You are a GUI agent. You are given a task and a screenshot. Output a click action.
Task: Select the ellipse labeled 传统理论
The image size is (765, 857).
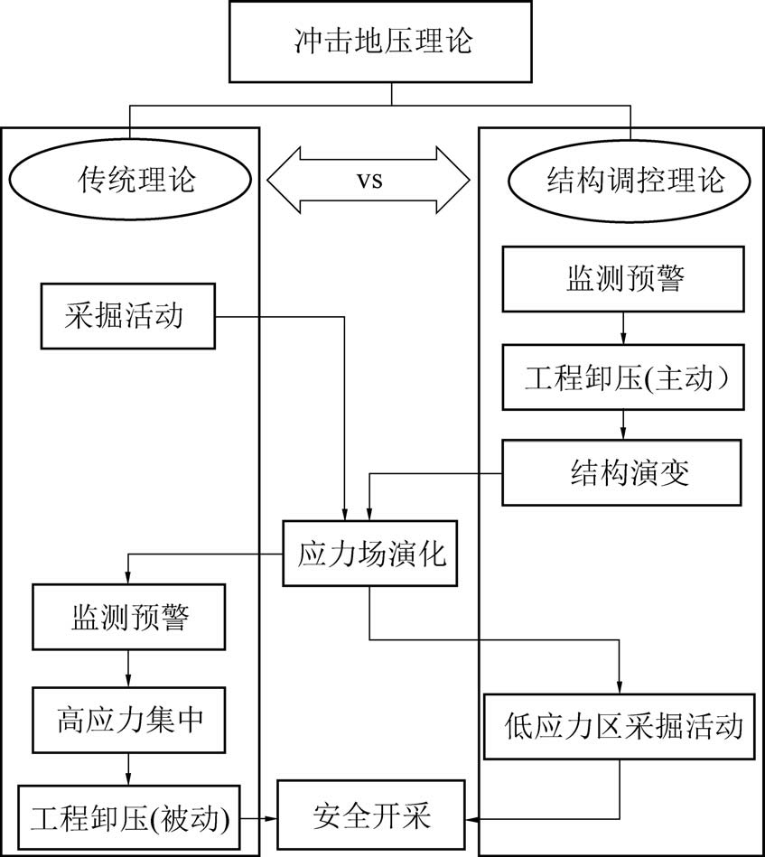[130, 180]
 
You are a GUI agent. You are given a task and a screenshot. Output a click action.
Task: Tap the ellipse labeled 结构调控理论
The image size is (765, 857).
[631, 180]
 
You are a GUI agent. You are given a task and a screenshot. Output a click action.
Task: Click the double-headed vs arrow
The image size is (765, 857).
[369, 180]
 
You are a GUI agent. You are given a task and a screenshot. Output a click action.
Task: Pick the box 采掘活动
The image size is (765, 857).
[127, 315]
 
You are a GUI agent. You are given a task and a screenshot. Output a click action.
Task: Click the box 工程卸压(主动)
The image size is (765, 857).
[623, 378]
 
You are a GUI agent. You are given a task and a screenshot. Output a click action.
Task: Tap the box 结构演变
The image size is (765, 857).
[623, 472]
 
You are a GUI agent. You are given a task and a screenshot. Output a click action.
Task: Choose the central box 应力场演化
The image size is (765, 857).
[371, 554]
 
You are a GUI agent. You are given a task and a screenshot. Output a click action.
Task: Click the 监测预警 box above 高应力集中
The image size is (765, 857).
[128, 618]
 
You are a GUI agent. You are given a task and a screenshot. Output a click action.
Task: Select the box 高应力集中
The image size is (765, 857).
[128, 720]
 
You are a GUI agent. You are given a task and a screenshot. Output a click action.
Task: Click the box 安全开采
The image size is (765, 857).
[371, 818]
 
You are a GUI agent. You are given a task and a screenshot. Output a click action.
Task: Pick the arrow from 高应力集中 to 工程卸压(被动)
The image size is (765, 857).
[128, 768]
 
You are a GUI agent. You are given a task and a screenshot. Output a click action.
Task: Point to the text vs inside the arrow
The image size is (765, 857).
[369, 180]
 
